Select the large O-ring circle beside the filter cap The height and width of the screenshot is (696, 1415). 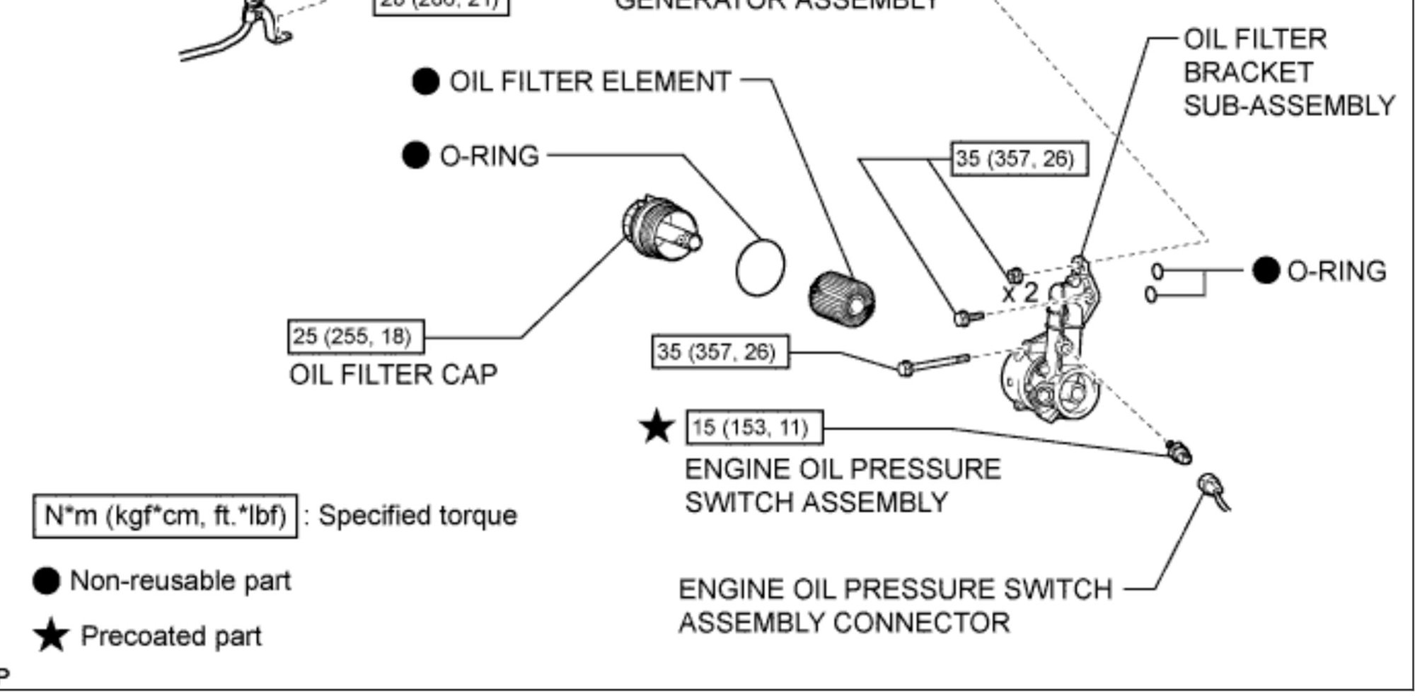(x=761, y=267)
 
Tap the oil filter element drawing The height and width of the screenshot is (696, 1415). (x=842, y=298)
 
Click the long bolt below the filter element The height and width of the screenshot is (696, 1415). (x=934, y=364)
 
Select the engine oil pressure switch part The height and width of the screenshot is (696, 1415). (x=1179, y=451)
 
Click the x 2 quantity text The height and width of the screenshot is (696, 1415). (x=1019, y=292)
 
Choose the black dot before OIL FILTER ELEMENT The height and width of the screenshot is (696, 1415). (x=425, y=81)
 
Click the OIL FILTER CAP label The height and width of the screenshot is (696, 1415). (x=393, y=374)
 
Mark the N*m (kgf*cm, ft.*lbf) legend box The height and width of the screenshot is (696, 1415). (x=165, y=516)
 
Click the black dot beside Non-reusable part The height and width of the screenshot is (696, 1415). (x=47, y=581)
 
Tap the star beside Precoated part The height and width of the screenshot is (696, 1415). (x=51, y=636)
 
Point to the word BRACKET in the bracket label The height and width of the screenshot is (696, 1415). (x=1248, y=72)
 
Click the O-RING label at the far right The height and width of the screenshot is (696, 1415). (x=1336, y=271)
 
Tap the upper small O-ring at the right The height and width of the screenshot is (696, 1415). (x=1157, y=271)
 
